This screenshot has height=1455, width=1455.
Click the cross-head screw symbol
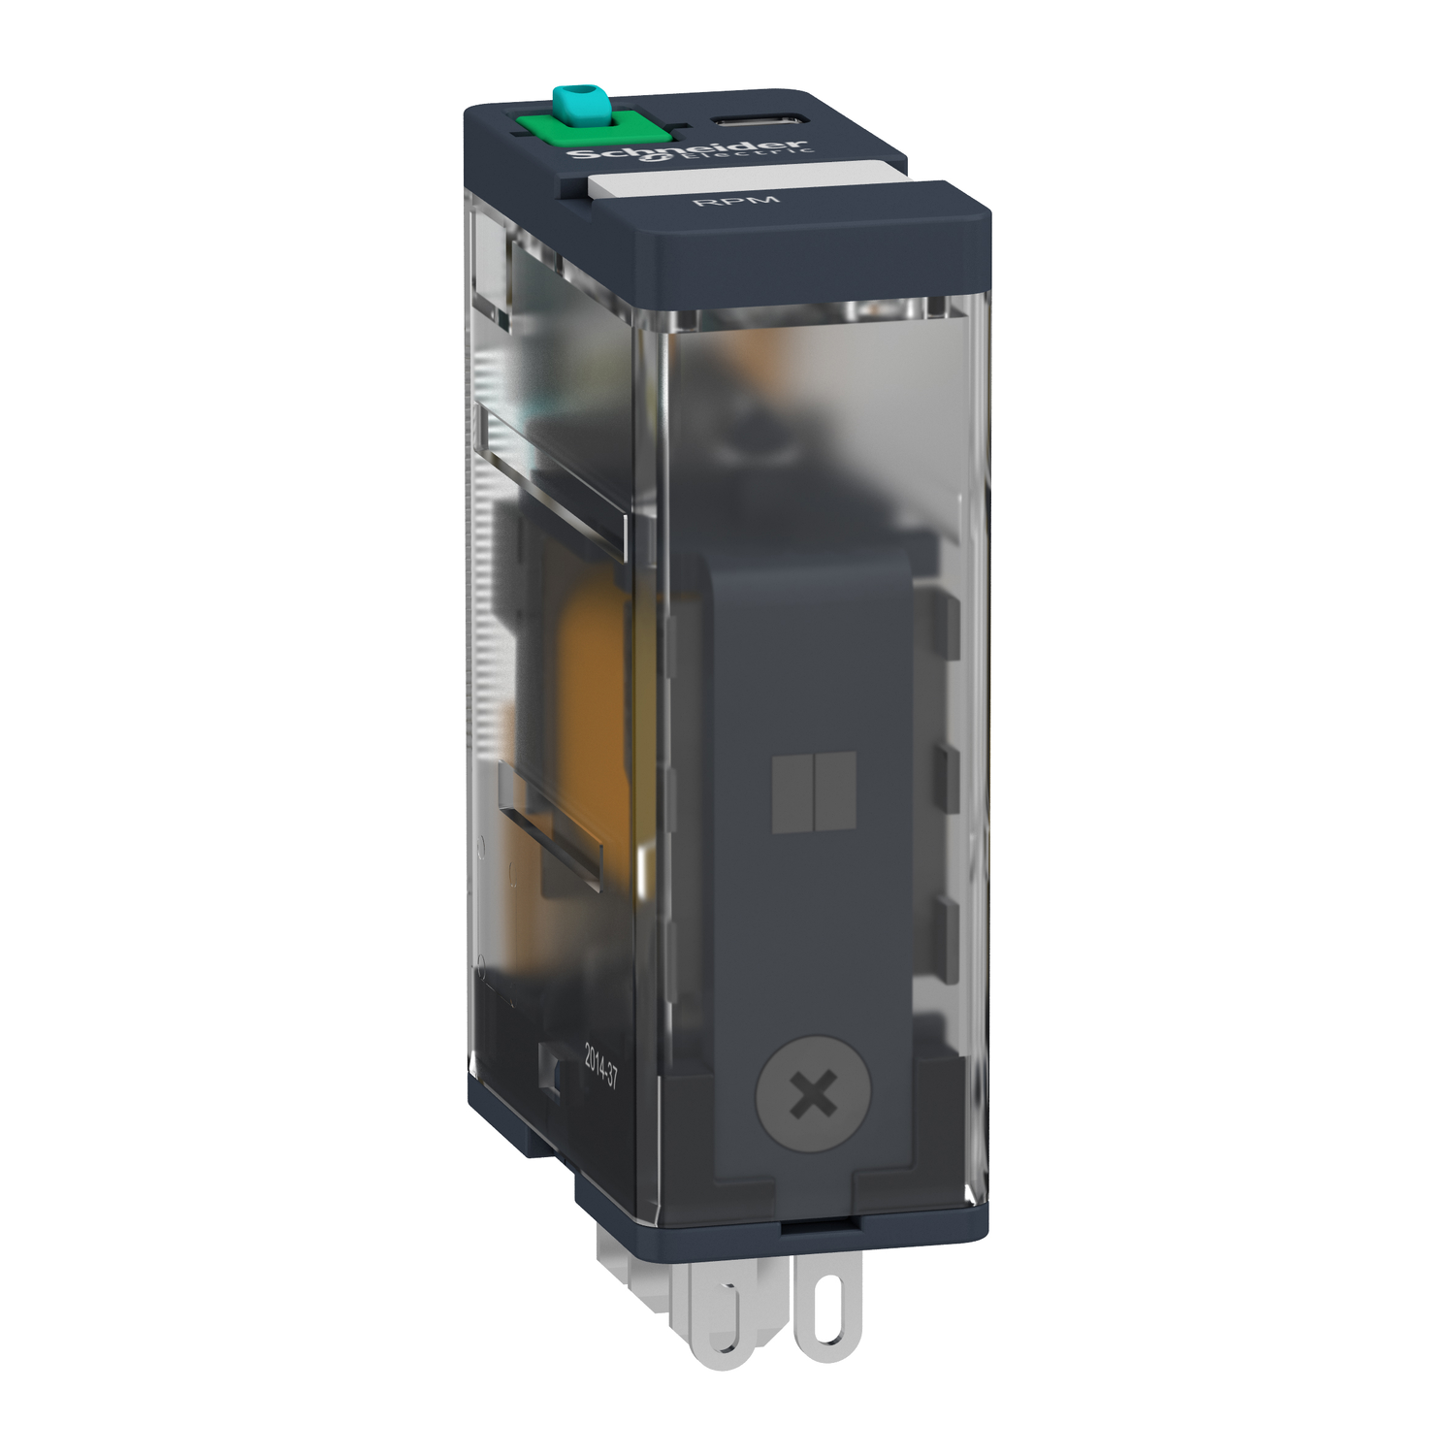pyautogui.click(x=813, y=1098)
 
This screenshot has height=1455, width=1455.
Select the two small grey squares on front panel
pyautogui.click(x=814, y=792)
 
